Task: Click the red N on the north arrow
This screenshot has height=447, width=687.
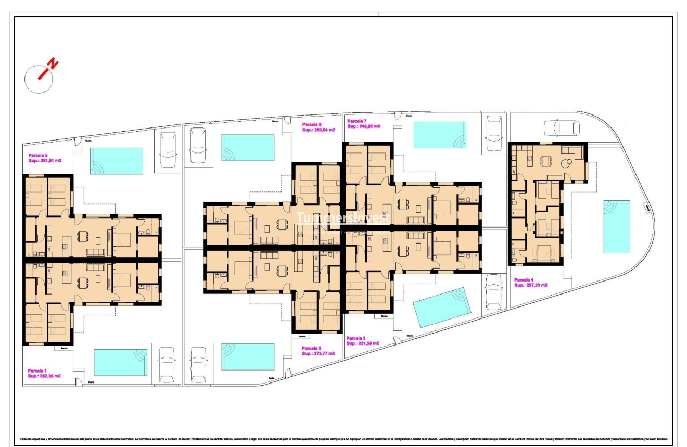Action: (x=53, y=64)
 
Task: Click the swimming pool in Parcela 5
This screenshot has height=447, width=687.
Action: (x=117, y=161)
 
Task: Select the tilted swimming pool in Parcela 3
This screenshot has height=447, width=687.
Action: (x=442, y=307)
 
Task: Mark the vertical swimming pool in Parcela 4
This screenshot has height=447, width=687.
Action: (x=617, y=227)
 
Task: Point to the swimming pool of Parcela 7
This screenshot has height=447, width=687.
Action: (x=440, y=135)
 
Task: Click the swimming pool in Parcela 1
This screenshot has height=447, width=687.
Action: (x=120, y=362)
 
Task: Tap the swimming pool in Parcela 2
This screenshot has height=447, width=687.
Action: (x=248, y=356)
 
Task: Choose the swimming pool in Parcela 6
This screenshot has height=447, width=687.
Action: (x=248, y=148)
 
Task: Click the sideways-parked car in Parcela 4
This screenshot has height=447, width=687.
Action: (x=562, y=127)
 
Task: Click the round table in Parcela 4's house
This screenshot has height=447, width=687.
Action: (x=566, y=164)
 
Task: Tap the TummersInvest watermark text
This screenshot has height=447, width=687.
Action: (x=343, y=219)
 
